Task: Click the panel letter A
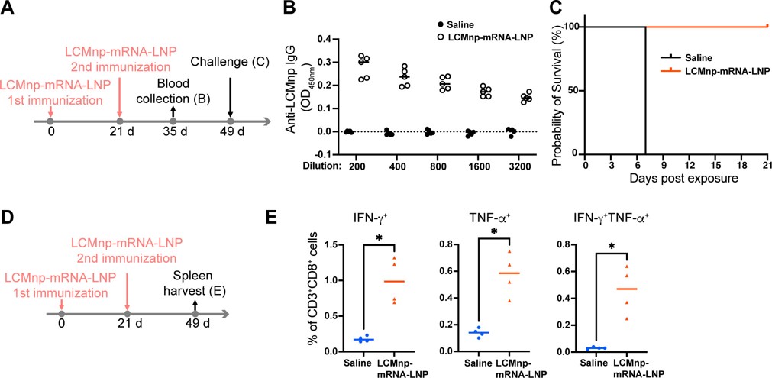(11, 11)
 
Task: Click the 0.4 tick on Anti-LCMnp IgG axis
(325, 37)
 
